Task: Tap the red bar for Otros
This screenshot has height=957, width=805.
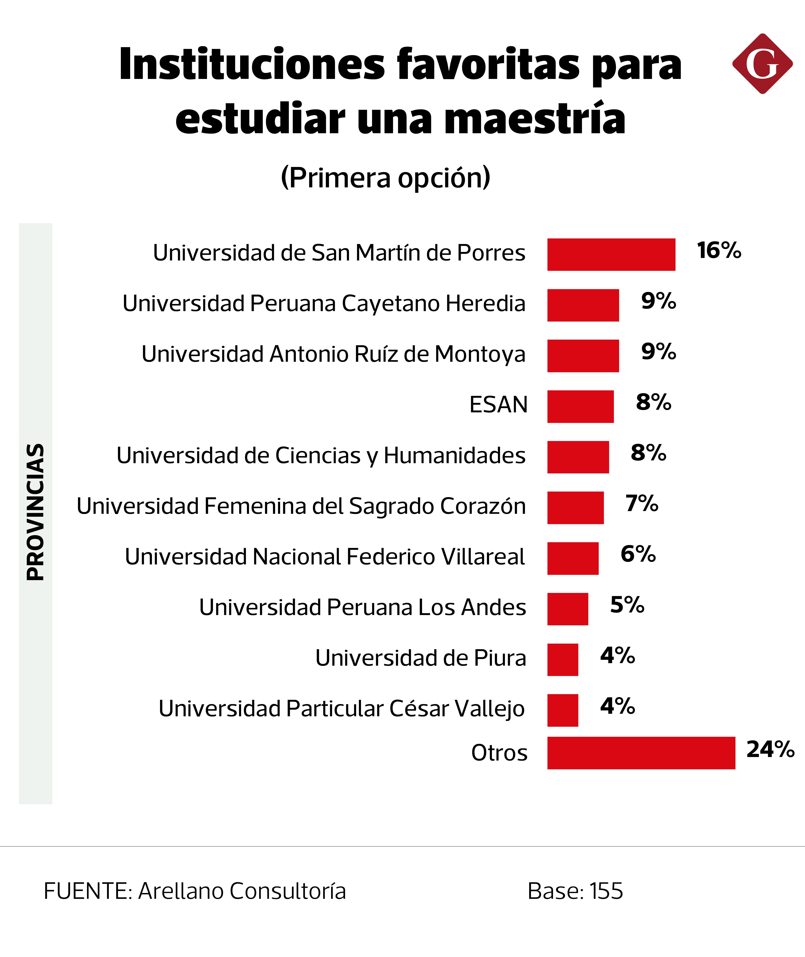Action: tap(641, 753)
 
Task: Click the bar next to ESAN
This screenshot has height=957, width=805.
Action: tap(581, 407)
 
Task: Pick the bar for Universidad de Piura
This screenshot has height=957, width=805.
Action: tap(563, 659)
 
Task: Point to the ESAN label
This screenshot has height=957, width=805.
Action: tap(498, 405)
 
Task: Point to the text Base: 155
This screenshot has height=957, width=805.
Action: tap(575, 891)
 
